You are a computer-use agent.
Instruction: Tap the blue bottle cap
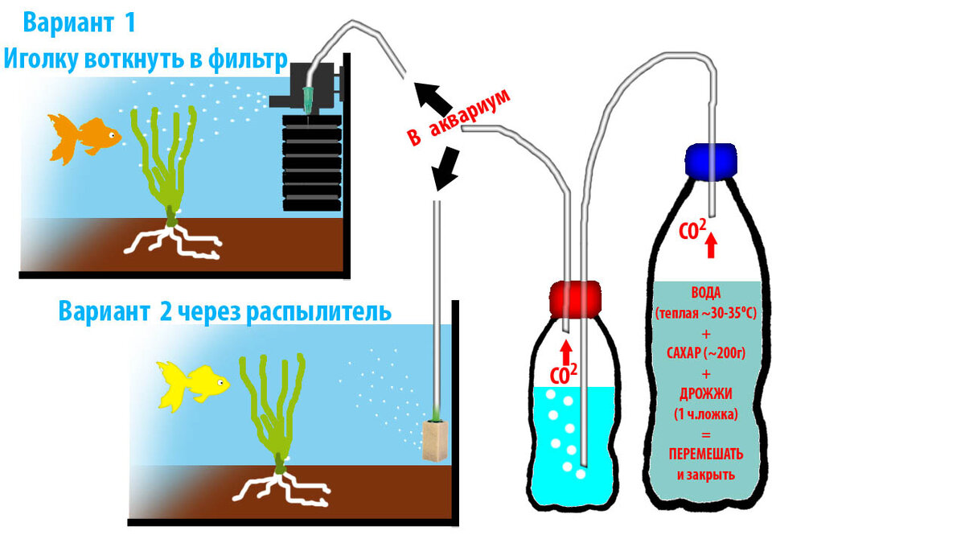tap(711, 159)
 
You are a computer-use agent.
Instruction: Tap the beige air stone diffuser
tap(434, 442)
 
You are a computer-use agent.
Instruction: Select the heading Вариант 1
tap(79, 23)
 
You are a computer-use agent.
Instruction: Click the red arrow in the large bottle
tap(711, 245)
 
